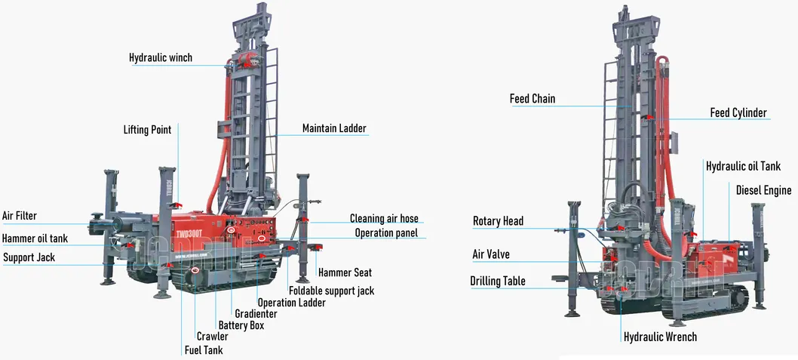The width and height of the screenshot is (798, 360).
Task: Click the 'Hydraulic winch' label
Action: (160, 58)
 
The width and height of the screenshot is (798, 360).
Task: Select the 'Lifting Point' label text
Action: (147, 130)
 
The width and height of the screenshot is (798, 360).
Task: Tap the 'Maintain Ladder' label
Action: (334, 128)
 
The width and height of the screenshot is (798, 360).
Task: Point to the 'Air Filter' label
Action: (19, 216)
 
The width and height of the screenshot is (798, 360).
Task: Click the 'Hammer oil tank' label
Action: (35, 238)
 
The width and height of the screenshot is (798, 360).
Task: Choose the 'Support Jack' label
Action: (29, 258)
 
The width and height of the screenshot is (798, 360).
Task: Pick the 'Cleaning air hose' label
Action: (384, 219)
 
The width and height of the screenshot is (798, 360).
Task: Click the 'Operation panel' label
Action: (386, 233)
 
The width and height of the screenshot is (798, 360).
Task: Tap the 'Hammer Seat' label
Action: (345, 272)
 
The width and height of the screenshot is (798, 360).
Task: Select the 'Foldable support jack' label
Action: (331, 291)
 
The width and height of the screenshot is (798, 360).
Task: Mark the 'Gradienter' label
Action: (256, 314)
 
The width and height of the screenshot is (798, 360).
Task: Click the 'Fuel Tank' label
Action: (204, 350)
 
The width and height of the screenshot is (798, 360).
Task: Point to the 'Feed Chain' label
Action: (533, 99)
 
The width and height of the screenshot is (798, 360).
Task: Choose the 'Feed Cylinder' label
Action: (738, 113)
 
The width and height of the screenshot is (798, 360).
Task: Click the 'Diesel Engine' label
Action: (763, 190)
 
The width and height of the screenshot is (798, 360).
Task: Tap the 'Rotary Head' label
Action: (498, 222)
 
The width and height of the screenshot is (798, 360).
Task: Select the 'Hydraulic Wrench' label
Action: (660, 337)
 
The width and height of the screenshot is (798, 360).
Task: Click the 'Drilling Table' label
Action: (498, 282)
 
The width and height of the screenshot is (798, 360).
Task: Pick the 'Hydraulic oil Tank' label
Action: (743, 166)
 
